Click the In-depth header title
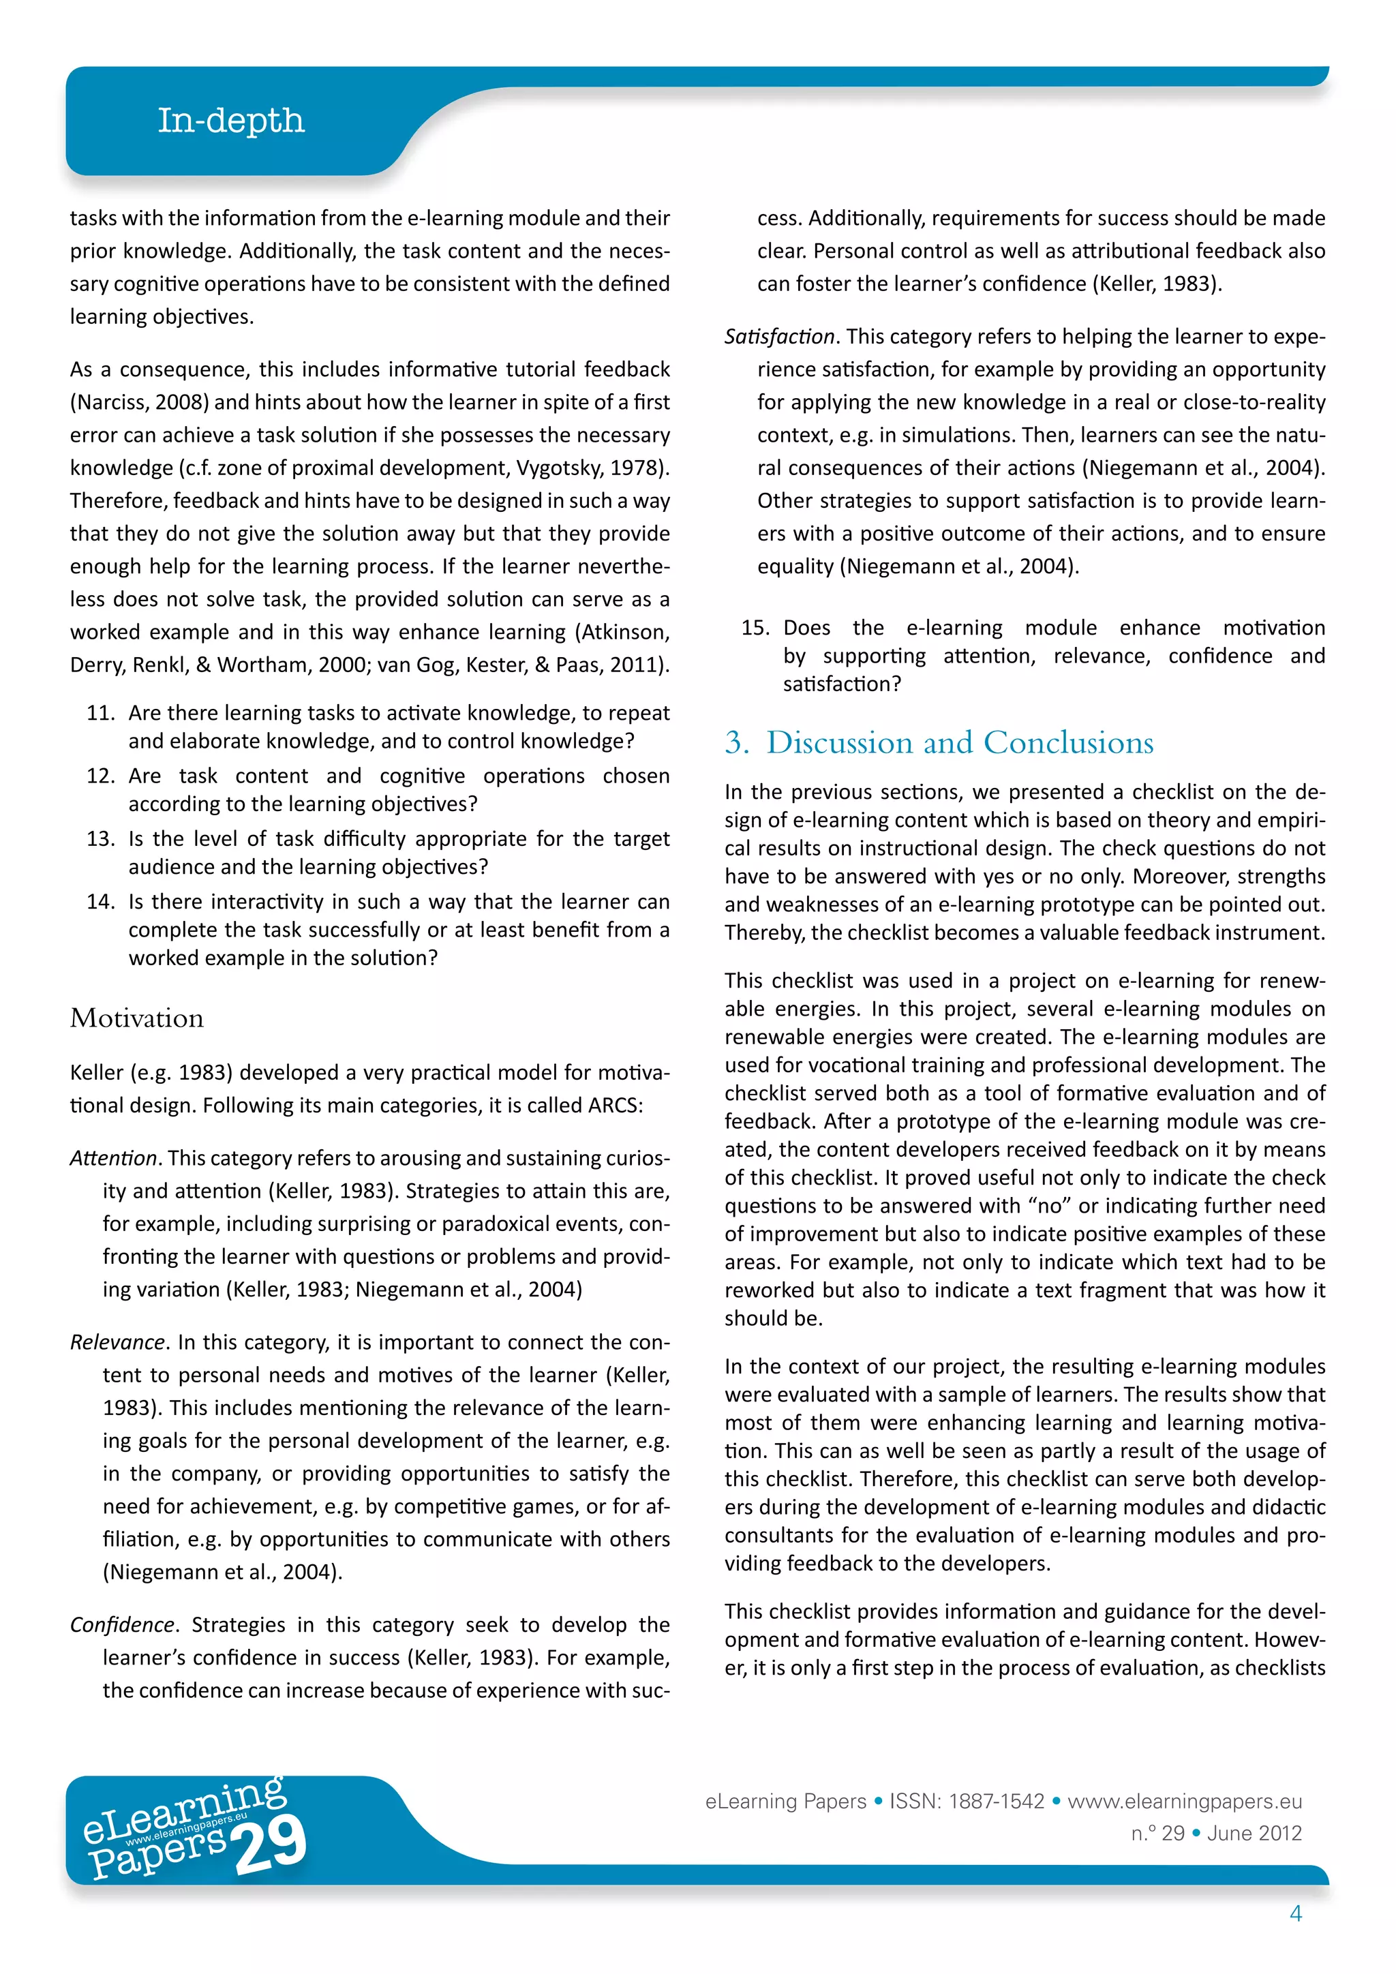tap(230, 121)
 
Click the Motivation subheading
tap(137, 1018)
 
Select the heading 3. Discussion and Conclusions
tap(939, 743)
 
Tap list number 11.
tap(101, 713)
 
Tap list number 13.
tap(101, 838)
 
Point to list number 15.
tap(755, 628)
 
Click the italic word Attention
tap(112, 1158)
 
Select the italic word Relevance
tap(116, 1342)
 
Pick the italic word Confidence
tap(122, 1625)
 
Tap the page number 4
tap(1295, 1913)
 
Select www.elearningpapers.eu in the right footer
tap(1184, 1801)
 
